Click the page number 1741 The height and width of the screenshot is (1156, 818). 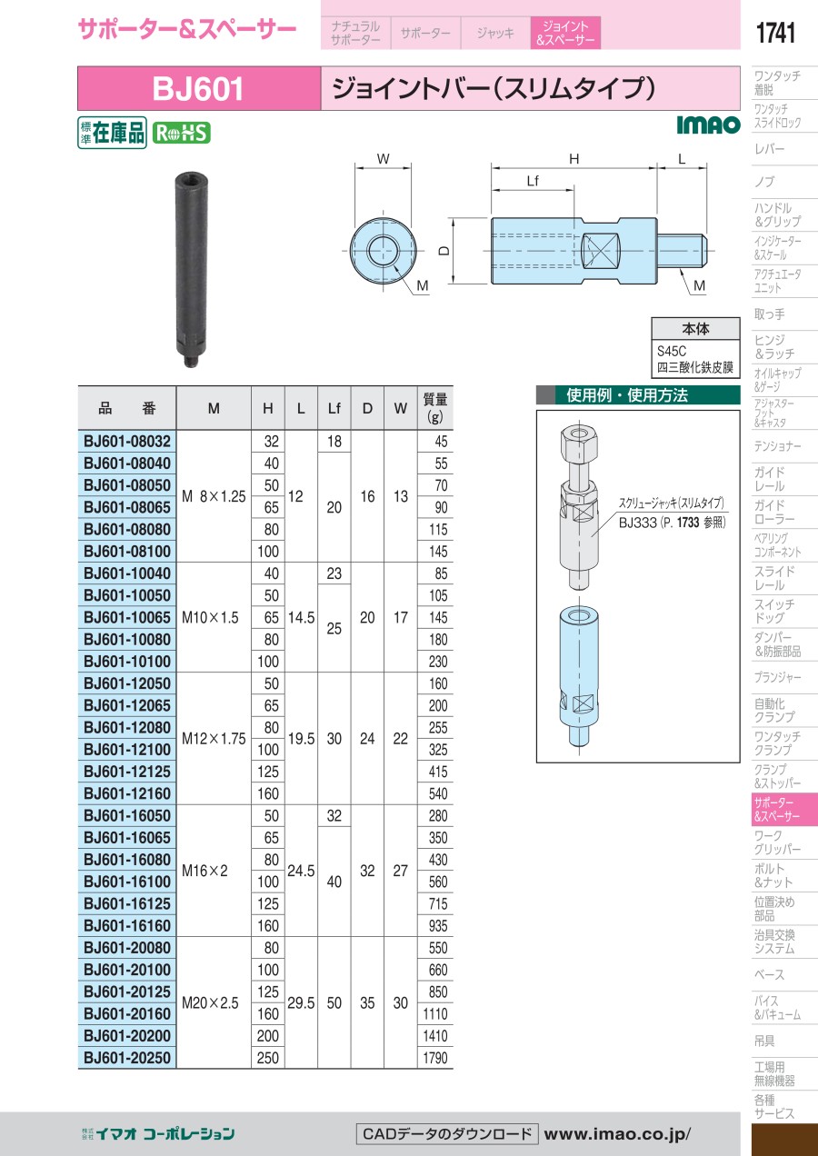pyautogui.click(x=775, y=33)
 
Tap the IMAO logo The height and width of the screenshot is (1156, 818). pyautogui.click(x=708, y=125)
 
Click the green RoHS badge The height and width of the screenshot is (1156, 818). pyautogui.click(x=182, y=133)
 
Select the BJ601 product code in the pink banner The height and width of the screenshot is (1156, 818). pyautogui.click(x=197, y=89)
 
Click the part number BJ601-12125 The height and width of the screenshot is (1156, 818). pyautogui.click(x=127, y=772)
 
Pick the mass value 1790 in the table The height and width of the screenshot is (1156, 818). pyautogui.click(x=435, y=1058)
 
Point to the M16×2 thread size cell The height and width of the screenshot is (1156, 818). pyautogui.click(x=204, y=871)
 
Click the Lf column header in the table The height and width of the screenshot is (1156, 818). pyautogui.click(x=334, y=408)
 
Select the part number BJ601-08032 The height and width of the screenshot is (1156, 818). pyautogui.click(x=127, y=442)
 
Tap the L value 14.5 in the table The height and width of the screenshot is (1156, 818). pyautogui.click(x=301, y=617)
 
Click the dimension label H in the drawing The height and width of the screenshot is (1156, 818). pyautogui.click(x=574, y=159)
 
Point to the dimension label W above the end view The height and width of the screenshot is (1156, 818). pyautogui.click(x=383, y=159)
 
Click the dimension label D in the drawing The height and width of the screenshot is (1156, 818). pyautogui.click(x=444, y=251)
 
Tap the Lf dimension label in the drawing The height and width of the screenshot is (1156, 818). pyautogui.click(x=533, y=181)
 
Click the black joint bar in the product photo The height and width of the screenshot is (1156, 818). pyautogui.click(x=187, y=269)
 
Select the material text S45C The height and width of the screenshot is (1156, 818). pyautogui.click(x=672, y=352)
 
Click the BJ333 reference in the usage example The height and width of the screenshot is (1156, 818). pyautogui.click(x=637, y=523)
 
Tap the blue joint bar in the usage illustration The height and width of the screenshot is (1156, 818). pyautogui.click(x=579, y=675)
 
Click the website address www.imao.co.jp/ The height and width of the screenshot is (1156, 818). pyautogui.click(x=617, y=1134)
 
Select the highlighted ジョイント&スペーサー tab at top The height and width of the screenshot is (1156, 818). pyautogui.click(x=565, y=33)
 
